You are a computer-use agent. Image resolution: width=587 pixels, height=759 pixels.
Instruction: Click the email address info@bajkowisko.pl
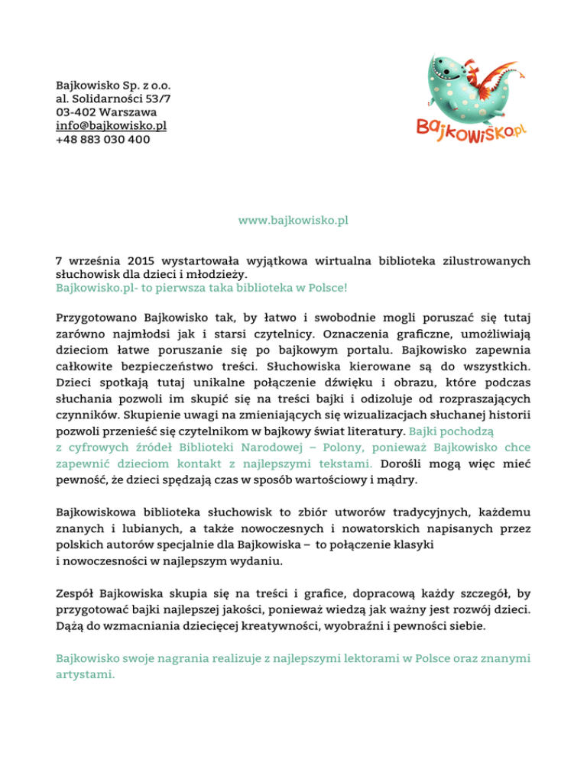111,126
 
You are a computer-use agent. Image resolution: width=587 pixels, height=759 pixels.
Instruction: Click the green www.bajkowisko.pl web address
293,221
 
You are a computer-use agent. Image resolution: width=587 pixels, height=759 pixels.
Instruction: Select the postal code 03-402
75,112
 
